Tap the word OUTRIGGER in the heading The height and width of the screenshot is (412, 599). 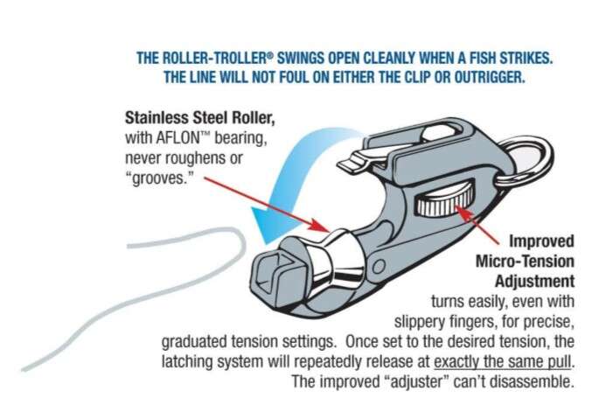point(490,78)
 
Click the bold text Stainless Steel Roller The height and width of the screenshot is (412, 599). point(199,118)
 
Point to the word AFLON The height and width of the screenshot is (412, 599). point(178,138)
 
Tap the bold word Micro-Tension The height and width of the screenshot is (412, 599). point(525,262)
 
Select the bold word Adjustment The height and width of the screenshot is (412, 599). point(534,282)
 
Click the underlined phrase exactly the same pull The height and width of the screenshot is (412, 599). point(503,361)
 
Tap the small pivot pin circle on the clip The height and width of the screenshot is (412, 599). point(379,266)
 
